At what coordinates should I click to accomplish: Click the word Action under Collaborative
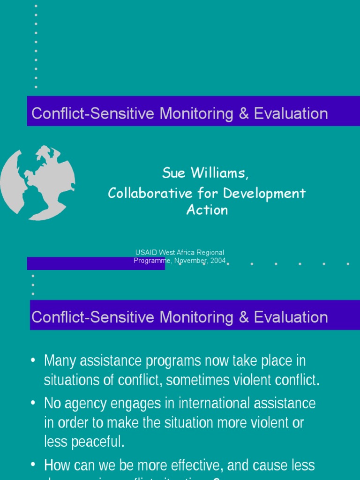point(207,210)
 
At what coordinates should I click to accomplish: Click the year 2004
point(218,261)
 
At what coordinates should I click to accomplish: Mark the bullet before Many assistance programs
point(33,360)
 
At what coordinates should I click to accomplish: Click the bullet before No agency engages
point(33,403)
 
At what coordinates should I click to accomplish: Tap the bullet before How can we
point(33,465)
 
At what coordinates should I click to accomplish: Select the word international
point(198,403)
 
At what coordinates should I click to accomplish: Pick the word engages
point(137,403)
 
